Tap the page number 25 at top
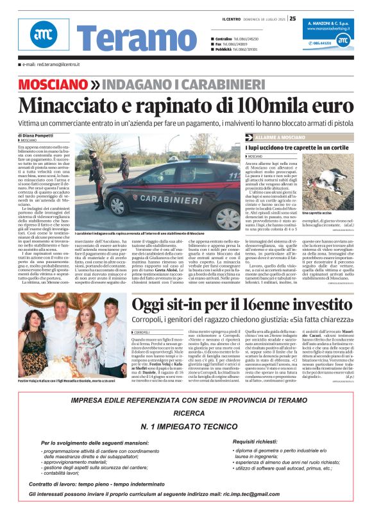pos(292,18)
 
